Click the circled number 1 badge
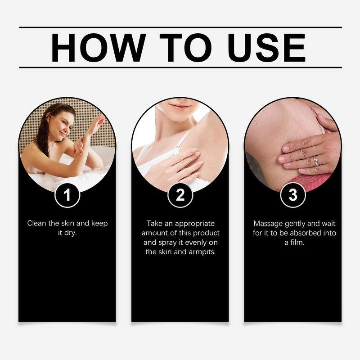pos(67,195)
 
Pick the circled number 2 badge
pos(180,195)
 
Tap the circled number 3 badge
pos(292,195)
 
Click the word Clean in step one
pos(36,223)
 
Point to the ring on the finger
pos(316,161)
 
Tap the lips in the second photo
pos(180,107)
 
